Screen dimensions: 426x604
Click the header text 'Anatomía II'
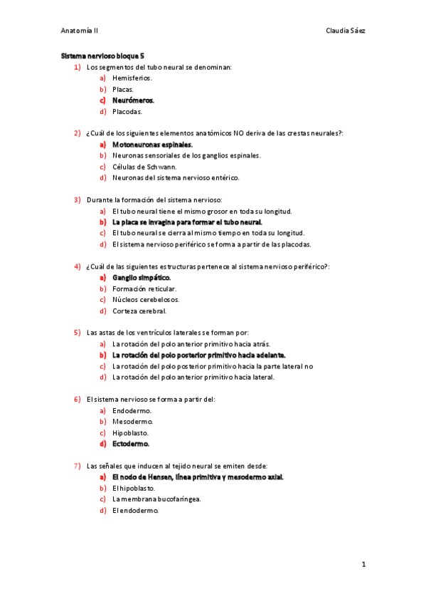(80, 31)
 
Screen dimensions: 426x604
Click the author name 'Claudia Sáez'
(346, 31)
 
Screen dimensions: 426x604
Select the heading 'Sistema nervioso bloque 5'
(102, 55)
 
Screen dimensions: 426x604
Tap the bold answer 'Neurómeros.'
(133, 100)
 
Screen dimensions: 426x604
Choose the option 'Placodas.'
(127, 112)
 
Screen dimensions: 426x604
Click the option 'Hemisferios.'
(132, 78)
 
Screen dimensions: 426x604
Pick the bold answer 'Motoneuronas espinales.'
(152, 145)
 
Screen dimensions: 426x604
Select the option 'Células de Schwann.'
(144, 167)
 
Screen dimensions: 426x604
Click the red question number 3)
(78, 200)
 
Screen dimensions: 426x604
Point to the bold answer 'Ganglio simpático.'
(142, 277)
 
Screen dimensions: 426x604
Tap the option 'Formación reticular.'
(144, 288)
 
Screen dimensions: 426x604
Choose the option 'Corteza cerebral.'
(139, 311)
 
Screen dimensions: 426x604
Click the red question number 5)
(78, 333)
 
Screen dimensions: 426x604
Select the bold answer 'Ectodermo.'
(131, 444)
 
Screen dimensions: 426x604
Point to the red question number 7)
(78, 466)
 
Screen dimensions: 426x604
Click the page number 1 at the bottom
(363, 565)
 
